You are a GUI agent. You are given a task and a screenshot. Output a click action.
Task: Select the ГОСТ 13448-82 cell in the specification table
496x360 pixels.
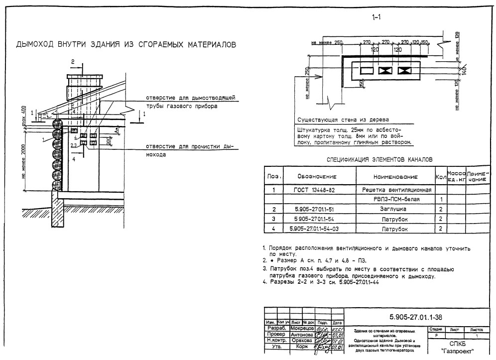tap(317, 190)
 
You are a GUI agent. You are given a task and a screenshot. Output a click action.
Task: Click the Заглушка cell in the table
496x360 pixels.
tap(394, 210)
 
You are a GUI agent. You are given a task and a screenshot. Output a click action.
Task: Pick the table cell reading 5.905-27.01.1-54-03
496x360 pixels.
tap(317, 229)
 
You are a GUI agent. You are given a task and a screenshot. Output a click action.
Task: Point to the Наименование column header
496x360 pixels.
tap(394, 177)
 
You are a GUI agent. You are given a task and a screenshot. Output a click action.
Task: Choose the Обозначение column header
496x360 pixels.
tap(317, 177)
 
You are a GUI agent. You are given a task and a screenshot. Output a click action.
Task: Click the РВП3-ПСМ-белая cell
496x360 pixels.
tap(394, 200)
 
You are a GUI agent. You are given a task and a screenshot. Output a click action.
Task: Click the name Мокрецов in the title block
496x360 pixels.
tap(301, 329)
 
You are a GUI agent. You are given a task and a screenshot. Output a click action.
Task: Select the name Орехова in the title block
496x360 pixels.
tap(301, 341)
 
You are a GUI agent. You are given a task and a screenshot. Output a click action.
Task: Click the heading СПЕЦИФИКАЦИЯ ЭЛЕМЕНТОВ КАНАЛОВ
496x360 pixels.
tap(379, 159)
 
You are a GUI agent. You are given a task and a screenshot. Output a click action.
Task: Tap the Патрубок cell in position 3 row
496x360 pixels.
tap(394, 219)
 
